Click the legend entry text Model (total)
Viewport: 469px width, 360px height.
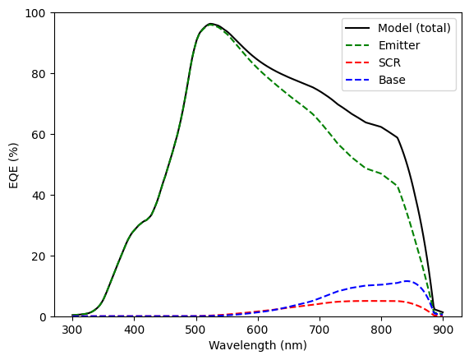coord(414,28)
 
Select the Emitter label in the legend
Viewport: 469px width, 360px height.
coord(399,45)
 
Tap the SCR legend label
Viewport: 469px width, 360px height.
coord(389,62)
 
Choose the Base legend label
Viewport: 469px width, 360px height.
coord(392,80)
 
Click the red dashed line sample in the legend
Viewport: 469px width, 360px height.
coord(357,62)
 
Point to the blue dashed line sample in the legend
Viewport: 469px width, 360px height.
coord(357,80)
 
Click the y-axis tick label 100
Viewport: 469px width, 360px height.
coord(34,13)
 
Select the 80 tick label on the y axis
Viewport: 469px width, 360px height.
coord(39,74)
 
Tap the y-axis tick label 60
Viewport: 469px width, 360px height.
coord(39,134)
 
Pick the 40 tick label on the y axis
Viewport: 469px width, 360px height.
coord(39,195)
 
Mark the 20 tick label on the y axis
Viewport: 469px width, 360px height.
coord(39,256)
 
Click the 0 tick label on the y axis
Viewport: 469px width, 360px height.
coord(42,317)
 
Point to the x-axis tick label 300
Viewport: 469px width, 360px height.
coord(72,330)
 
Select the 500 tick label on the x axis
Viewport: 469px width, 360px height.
coord(196,330)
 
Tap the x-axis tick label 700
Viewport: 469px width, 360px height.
coord(320,330)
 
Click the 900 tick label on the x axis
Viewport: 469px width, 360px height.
coord(443,330)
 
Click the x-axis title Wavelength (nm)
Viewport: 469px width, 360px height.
coord(258,345)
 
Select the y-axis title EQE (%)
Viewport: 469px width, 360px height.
coord(14,165)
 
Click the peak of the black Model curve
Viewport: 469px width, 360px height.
coord(210,24)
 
